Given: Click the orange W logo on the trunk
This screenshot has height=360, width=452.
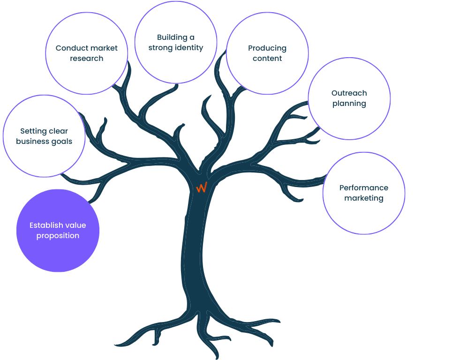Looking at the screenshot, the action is point(202,187).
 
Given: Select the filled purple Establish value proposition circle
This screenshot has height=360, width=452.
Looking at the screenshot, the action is point(58,231).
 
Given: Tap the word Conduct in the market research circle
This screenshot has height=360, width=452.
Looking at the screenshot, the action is point(68,48).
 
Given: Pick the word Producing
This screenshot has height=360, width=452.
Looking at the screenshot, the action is point(267,48).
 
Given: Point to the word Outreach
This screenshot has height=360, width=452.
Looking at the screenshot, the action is point(349,93).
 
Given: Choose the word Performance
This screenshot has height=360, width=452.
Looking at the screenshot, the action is point(364,187).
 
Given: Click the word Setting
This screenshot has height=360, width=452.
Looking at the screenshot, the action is point(31,131).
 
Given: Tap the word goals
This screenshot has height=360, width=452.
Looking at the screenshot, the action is point(62,142).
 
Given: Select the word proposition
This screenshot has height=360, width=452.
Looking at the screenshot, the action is point(58,236).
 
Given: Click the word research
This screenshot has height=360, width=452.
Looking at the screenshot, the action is point(86,58).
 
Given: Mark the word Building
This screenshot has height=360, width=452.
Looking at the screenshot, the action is point(172,37).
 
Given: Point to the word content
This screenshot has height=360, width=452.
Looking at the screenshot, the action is point(267,58).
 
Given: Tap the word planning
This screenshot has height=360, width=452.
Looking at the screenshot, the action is point(349,104).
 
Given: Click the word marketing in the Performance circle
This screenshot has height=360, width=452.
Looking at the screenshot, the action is point(364,198).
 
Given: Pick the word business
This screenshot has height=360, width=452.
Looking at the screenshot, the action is point(32,141).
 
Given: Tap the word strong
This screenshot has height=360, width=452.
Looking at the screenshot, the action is point(160,48).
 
